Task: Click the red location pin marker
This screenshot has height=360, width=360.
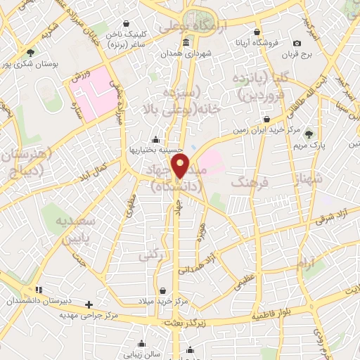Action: pyautogui.click(x=181, y=167)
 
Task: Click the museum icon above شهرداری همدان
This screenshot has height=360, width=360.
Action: pyautogui.click(x=186, y=43)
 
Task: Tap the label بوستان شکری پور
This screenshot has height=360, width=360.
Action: pyautogui.click(x=30, y=63)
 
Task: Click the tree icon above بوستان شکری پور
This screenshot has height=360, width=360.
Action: pyautogui.click(x=30, y=52)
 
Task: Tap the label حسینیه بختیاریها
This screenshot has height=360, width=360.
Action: pyautogui.click(x=155, y=149)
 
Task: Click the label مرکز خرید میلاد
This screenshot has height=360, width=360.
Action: pyautogui.click(x=163, y=301)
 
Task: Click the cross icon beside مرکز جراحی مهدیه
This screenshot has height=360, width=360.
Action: pyautogui.click(x=89, y=304)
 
